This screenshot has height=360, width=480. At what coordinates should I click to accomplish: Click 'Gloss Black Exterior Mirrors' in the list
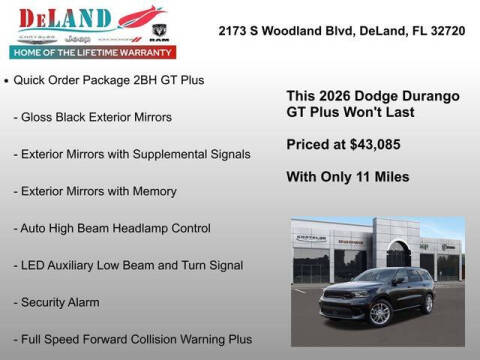click(x=92, y=117)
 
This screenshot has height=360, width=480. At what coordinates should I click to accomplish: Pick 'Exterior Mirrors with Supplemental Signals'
click(x=132, y=154)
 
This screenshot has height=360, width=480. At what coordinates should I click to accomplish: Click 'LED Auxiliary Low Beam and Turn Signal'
click(x=127, y=265)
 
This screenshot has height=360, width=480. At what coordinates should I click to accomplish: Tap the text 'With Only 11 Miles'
click(x=347, y=177)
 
